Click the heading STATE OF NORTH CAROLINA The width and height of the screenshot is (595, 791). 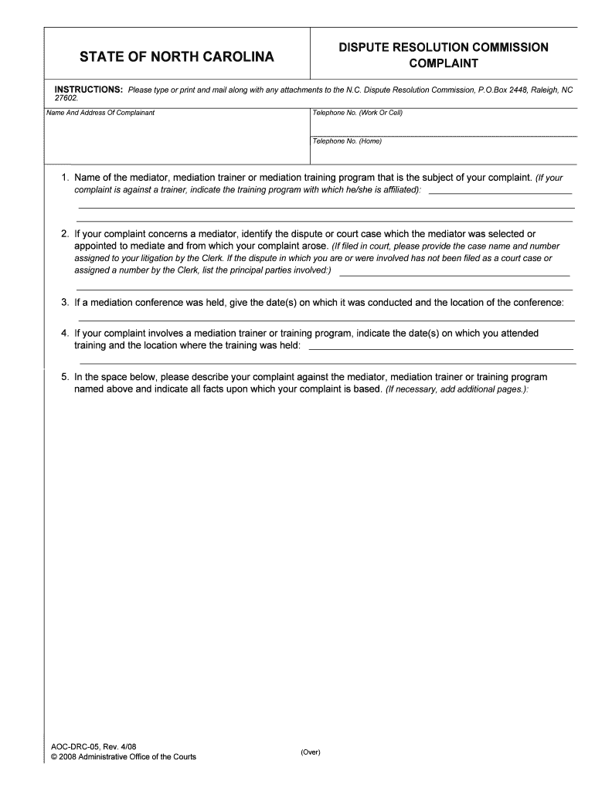[177, 57]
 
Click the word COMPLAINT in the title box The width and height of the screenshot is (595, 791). [444, 63]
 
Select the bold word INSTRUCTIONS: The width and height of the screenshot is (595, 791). [88, 90]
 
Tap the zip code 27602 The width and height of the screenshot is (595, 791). [66, 99]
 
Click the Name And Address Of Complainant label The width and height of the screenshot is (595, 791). [100, 113]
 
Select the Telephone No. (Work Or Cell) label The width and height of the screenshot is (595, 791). [357, 113]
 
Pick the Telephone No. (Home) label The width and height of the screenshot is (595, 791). [347, 141]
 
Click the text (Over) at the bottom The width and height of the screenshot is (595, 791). [311, 752]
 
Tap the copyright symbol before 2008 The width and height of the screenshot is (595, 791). [53, 756]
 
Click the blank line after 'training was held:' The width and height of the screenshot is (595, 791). [440, 348]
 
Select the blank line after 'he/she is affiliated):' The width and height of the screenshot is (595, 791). [500, 192]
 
